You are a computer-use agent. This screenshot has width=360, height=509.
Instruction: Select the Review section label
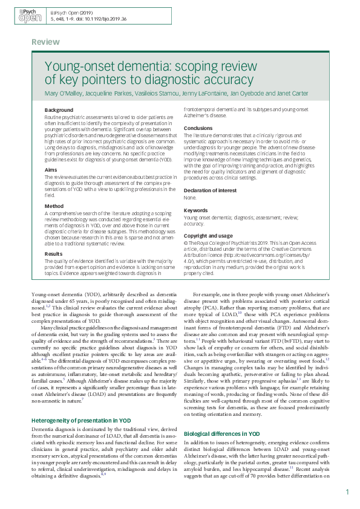(45, 42)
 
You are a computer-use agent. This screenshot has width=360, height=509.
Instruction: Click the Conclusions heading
(198, 128)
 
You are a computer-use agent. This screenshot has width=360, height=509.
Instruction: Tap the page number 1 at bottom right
(347, 493)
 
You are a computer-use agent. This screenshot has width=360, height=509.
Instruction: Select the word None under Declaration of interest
(190, 198)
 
